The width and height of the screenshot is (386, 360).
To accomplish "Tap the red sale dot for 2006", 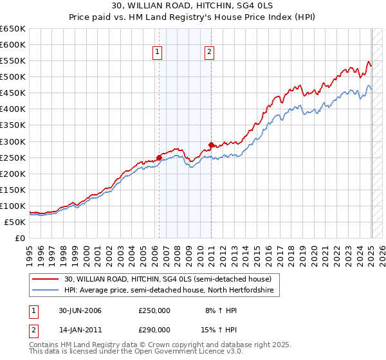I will [159, 157].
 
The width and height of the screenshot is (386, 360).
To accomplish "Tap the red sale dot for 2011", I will [211, 145].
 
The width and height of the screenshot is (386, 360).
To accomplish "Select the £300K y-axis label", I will [13, 141].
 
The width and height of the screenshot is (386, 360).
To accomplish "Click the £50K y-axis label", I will [15, 222].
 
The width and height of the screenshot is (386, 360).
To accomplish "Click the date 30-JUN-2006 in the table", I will [80, 311].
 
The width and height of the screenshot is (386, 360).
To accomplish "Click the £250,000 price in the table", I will [154, 311].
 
